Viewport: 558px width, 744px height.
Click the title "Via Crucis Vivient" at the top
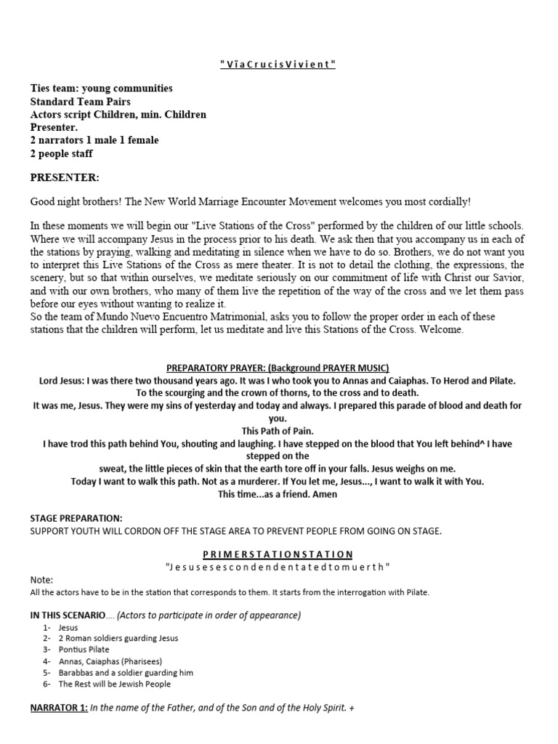click(x=278, y=65)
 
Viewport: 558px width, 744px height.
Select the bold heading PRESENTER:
click(x=65, y=177)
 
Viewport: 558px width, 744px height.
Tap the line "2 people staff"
click(x=61, y=153)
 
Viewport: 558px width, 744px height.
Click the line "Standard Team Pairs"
click(x=80, y=101)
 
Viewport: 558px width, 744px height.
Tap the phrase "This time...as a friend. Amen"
click(x=278, y=494)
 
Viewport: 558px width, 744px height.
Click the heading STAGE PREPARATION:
click(x=76, y=518)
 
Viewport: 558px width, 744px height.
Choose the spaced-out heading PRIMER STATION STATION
click(x=278, y=554)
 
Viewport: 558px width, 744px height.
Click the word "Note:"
click(x=41, y=580)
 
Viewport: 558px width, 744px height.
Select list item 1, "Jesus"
click(x=69, y=627)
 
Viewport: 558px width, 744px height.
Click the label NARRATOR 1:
click(x=58, y=708)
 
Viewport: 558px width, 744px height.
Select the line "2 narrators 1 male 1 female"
click(x=94, y=140)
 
